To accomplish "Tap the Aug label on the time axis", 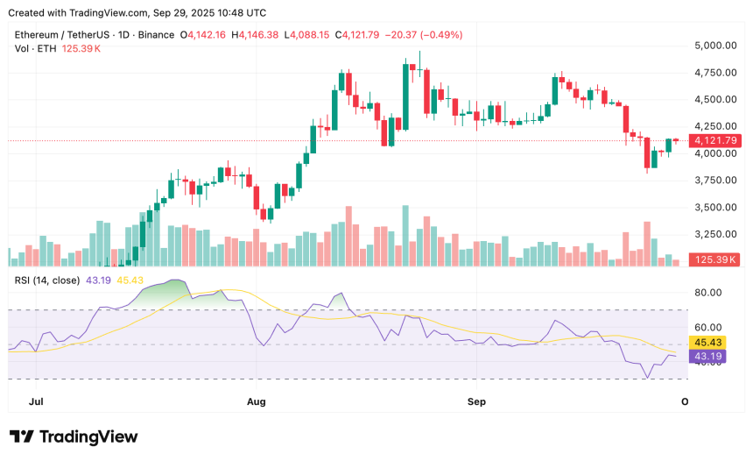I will click(256, 401).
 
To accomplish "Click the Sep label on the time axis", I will click(476, 401).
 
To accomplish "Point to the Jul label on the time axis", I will click(36, 401).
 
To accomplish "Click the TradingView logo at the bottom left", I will click(74, 436).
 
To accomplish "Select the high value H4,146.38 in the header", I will click(254, 35).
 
